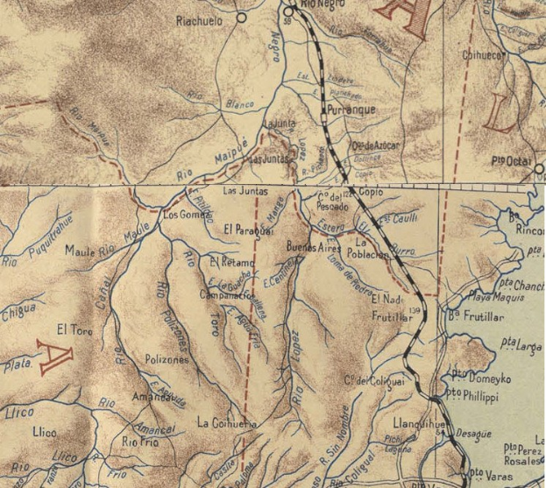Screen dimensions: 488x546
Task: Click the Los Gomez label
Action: click(x=183, y=215)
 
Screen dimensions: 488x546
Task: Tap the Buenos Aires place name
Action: click(x=313, y=248)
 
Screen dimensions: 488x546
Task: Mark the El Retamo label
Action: click(x=232, y=262)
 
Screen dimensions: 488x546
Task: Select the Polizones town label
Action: click(x=167, y=359)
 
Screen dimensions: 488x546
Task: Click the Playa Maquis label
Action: click(x=489, y=296)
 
